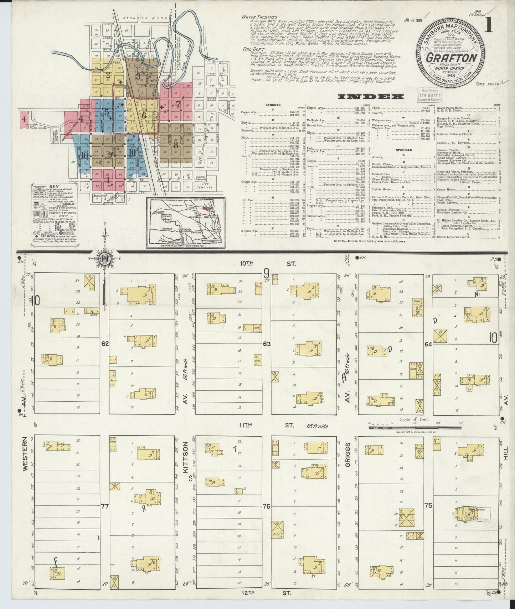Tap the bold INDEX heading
(x=371, y=97)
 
